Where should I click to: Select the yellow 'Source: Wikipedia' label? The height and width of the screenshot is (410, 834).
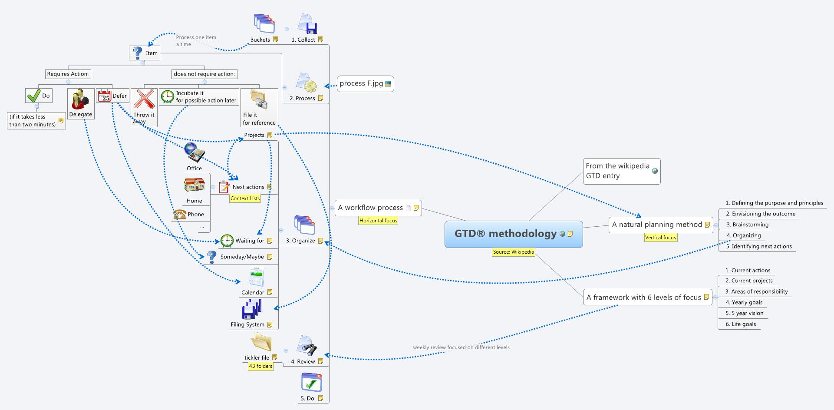[513, 252]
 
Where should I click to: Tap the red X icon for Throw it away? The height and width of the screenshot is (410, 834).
[144, 99]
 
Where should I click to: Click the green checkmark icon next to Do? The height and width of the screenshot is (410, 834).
[33, 96]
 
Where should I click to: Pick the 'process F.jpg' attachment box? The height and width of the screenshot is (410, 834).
[365, 83]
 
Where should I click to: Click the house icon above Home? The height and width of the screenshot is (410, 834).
[194, 185]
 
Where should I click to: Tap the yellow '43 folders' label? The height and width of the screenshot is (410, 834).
[260, 366]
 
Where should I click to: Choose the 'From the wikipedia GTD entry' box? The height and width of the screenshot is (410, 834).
[621, 171]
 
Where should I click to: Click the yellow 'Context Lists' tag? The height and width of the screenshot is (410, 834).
[245, 198]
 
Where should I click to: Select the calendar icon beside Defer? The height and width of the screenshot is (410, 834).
[104, 96]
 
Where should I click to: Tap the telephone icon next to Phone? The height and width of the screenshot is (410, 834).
[179, 214]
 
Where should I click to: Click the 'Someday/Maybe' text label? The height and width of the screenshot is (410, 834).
[242, 257]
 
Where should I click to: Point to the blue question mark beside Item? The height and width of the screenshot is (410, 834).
[137, 53]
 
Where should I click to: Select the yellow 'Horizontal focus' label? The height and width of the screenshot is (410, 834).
[378, 221]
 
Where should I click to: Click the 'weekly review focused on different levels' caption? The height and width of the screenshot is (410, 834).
[461, 347]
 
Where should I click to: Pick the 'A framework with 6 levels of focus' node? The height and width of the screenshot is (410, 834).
[644, 298]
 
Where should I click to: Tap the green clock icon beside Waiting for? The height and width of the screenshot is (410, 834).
[227, 241]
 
